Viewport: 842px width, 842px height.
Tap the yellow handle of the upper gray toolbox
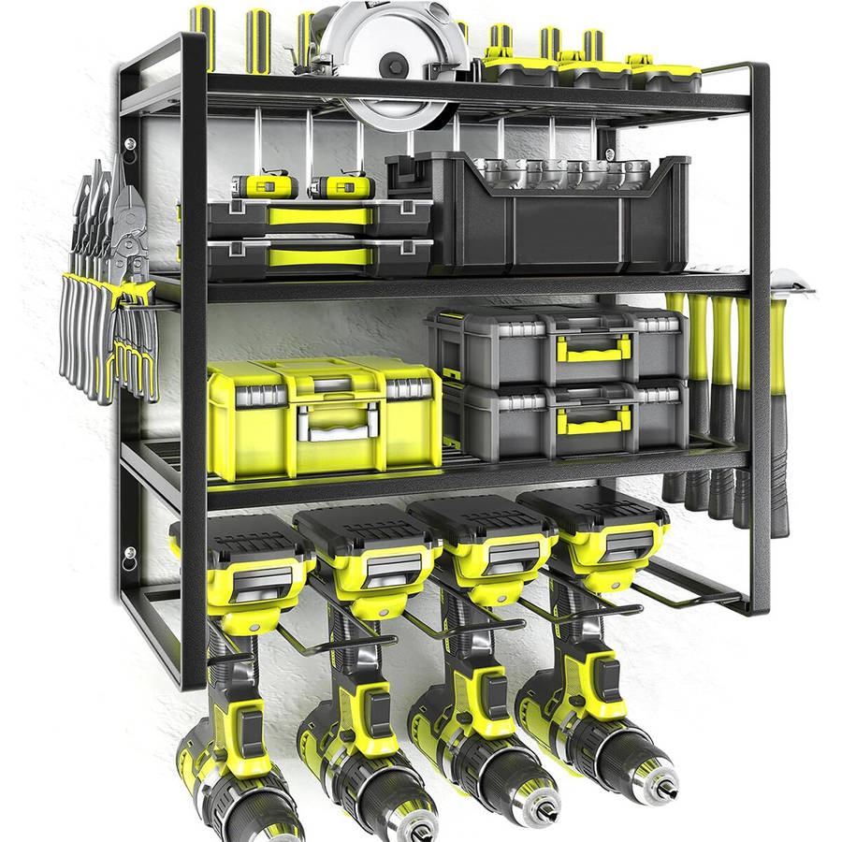click(592, 349)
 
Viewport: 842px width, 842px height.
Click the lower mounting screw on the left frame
click(128, 559)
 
